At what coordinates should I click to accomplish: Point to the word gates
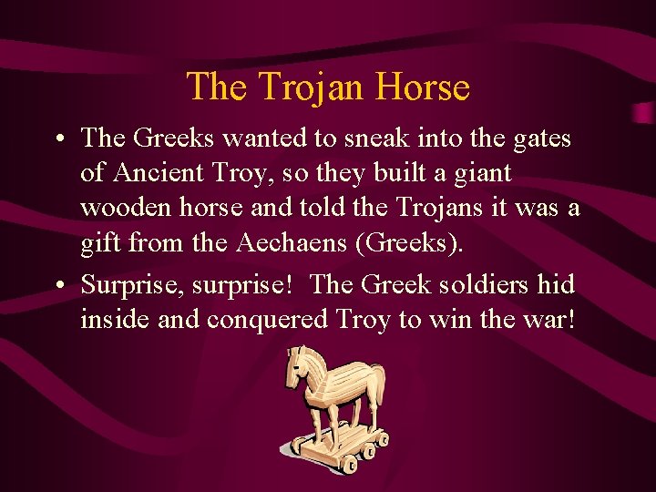(x=537, y=138)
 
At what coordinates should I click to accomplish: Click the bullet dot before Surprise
(x=58, y=286)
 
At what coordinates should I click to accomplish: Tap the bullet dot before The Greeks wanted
(x=58, y=139)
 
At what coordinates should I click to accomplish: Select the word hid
(x=555, y=285)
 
